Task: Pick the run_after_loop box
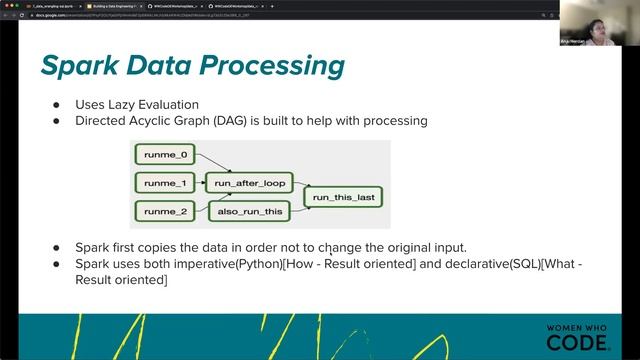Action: pyautogui.click(x=246, y=184)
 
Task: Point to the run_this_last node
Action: pyautogui.click(x=343, y=198)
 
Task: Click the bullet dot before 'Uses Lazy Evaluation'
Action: pyautogui.click(x=56, y=105)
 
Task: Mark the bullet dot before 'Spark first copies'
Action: pyautogui.click(x=56, y=248)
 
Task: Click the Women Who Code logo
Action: pyautogui.click(x=578, y=336)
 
